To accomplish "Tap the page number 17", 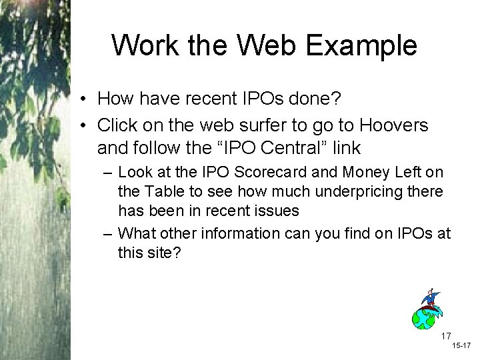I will point(446,335).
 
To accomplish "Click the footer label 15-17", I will point(461,347).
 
